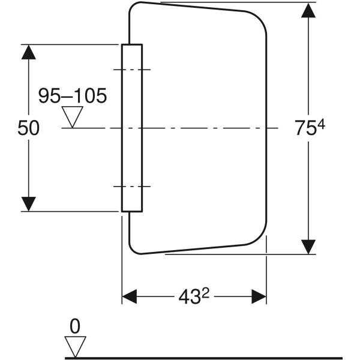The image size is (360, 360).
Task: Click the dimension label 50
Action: pos(28,128)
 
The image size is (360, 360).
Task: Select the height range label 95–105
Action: pos(73,95)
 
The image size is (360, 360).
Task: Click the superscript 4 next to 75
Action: pos(321,125)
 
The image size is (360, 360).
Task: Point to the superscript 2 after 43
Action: pos(206,293)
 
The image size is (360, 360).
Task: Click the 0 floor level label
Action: pos(75,326)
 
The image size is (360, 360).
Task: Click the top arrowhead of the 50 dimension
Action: pos(28,52)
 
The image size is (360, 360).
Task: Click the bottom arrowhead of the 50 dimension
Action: pos(28,204)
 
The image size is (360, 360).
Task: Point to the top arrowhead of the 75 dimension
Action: pos(308,10)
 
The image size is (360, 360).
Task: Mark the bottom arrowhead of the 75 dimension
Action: pos(308,247)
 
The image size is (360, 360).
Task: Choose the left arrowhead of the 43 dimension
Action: pos(129,296)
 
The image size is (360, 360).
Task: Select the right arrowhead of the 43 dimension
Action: pos(259,296)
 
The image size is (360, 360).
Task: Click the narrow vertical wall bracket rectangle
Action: pos(132,128)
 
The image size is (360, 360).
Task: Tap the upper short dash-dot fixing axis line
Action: pos(132,70)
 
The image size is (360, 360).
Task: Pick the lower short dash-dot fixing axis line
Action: pos(132,187)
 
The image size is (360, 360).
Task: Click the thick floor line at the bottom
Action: pos(203,358)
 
